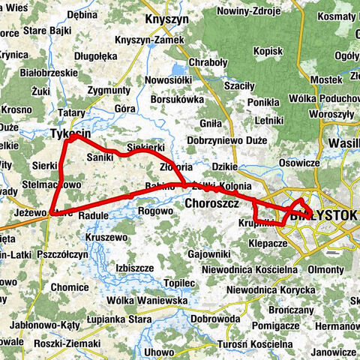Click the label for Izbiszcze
pyautogui.click(x=135, y=268)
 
